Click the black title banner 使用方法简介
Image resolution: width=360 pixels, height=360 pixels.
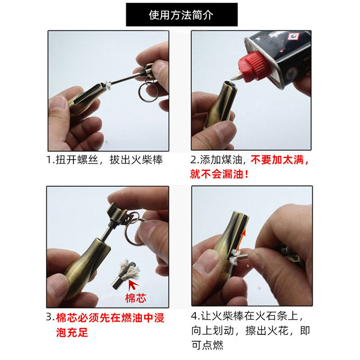tap(182, 14)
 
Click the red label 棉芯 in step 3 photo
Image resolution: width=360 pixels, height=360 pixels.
tap(135, 298)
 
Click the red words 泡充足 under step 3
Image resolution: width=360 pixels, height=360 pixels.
tap(72, 332)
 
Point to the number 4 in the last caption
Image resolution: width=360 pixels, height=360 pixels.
tap(194, 316)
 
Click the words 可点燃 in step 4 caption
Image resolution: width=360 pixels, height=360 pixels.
tap(207, 345)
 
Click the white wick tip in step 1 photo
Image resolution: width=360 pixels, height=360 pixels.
tap(108, 86)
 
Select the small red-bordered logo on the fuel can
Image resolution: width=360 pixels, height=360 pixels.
tap(293, 36)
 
